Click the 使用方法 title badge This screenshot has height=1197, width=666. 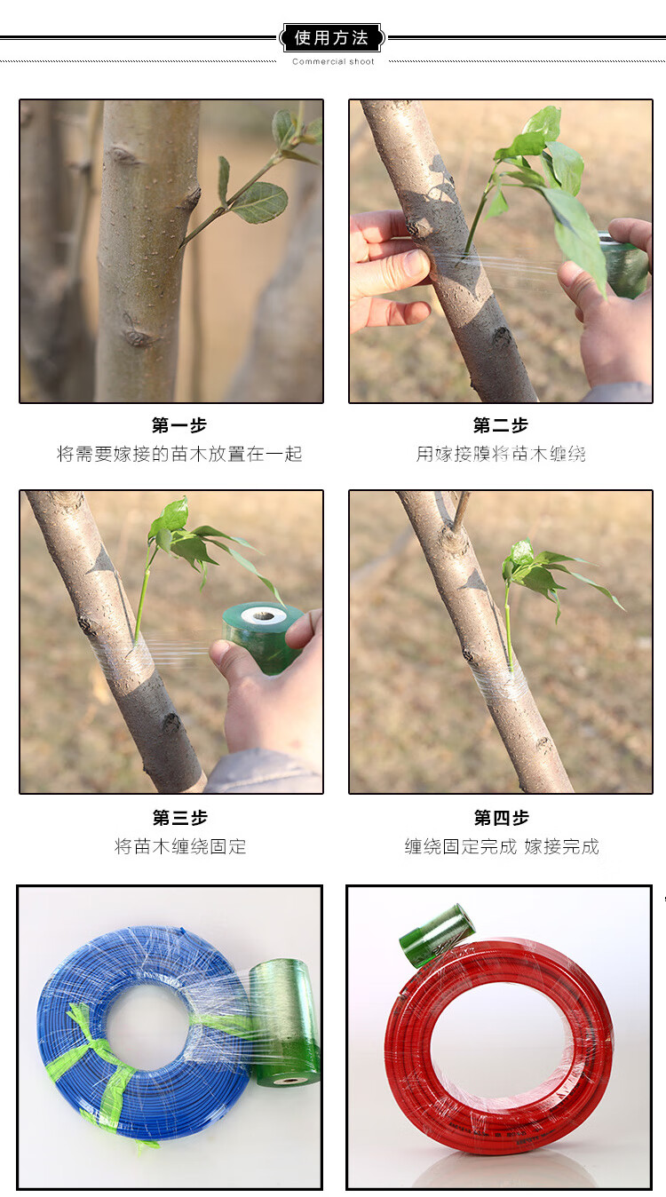[331, 37]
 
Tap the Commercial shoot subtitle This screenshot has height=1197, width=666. [333, 61]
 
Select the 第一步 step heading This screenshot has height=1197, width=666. [179, 425]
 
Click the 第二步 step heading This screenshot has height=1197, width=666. [500, 425]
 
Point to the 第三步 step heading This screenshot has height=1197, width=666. [179, 818]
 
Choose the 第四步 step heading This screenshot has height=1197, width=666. [502, 818]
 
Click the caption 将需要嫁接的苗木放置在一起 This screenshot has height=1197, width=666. [179, 455]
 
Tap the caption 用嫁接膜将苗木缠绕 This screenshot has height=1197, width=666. [501, 455]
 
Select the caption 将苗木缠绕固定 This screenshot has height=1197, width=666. [180, 846]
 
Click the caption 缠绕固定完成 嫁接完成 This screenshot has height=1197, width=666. [502, 846]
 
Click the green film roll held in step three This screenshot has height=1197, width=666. [262, 637]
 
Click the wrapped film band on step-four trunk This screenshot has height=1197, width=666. [498, 682]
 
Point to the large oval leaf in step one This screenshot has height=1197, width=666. [260, 202]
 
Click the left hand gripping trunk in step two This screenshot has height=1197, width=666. [386, 267]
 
